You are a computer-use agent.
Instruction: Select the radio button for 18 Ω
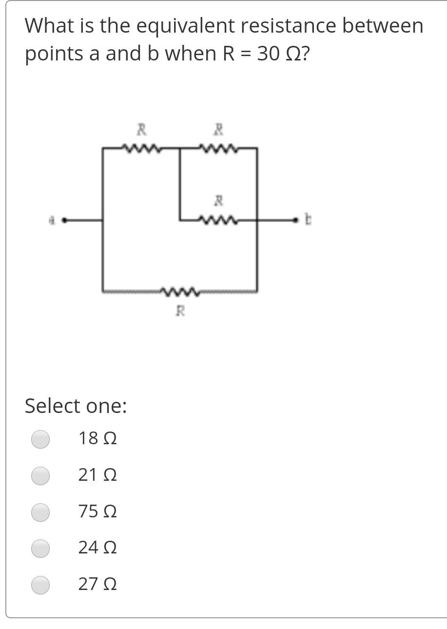point(40,439)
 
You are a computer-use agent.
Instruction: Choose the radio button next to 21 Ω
point(40,475)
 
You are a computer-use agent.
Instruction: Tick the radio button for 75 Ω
point(40,512)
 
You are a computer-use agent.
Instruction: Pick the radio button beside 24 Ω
point(40,548)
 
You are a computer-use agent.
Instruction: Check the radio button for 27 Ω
point(40,585)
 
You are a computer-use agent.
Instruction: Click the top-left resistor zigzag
point(141,147)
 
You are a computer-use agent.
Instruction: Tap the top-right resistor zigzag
point(218,147)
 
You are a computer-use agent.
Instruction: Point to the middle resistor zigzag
point(218,221)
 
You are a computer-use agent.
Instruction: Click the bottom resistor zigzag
point(180,292)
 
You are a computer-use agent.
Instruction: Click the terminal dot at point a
point(64,220)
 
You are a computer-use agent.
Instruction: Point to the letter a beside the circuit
point(51,220)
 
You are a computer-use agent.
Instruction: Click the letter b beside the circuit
point(308,220)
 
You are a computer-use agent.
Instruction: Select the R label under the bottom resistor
point(180,310)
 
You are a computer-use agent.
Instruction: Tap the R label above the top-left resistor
point(141,129)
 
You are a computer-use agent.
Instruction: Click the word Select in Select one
point(49,406)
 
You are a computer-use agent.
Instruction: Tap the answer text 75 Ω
point(97,511)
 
